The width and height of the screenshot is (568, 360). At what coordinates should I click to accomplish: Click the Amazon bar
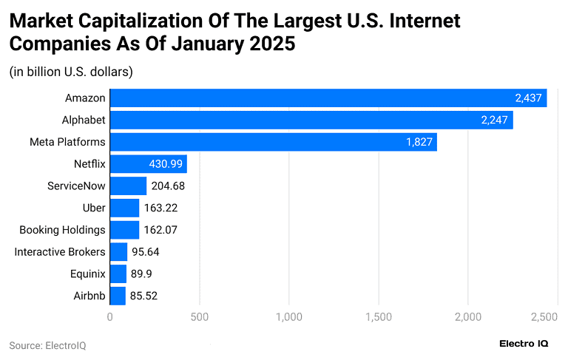(328, 98)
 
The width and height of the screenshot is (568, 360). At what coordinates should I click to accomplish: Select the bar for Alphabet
(311, 120)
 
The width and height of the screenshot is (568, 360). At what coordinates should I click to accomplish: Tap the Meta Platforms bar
(274, 142)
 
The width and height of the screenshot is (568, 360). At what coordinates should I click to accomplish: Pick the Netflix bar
(148, 163)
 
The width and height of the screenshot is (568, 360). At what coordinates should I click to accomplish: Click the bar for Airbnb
(118, 296)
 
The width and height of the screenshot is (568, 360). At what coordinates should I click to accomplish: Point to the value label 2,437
(529, 98)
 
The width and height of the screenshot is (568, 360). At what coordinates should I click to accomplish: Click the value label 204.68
(168, 186)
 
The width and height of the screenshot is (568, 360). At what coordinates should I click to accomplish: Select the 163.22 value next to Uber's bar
(160, 208)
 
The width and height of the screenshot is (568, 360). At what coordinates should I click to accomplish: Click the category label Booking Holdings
(62, 230)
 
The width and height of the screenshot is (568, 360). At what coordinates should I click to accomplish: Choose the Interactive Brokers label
(60, 252)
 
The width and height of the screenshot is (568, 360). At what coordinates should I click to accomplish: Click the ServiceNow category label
(76, 186)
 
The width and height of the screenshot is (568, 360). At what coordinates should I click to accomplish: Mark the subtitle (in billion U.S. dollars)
(71, 72)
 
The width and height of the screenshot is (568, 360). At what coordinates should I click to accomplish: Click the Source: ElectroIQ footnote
(47, 345)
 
